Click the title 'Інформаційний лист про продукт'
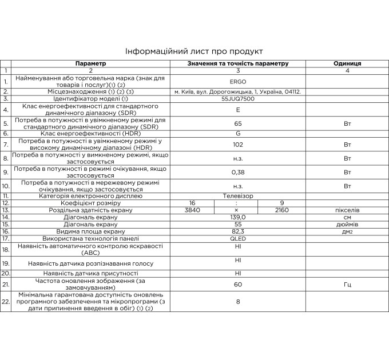tap(194, 51)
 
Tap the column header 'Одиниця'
tap(347, 63)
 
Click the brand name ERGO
tap(238, 81)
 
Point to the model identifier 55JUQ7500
tap(238, 99)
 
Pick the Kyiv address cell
tap(238, 91)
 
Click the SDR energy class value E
tap(238, 109)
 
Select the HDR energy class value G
tap(238, 133)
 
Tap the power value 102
tap(238, 144)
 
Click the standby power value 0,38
tap(238, 172)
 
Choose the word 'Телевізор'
tap(238, 195)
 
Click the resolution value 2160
tap(281, 210)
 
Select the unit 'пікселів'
tap(347, 210)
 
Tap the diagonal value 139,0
tap(238, 217)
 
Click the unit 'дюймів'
tap(347, 224)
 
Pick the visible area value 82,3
tap(238, 231)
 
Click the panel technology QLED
tap(238, 238)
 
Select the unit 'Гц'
tap(347, 284)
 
